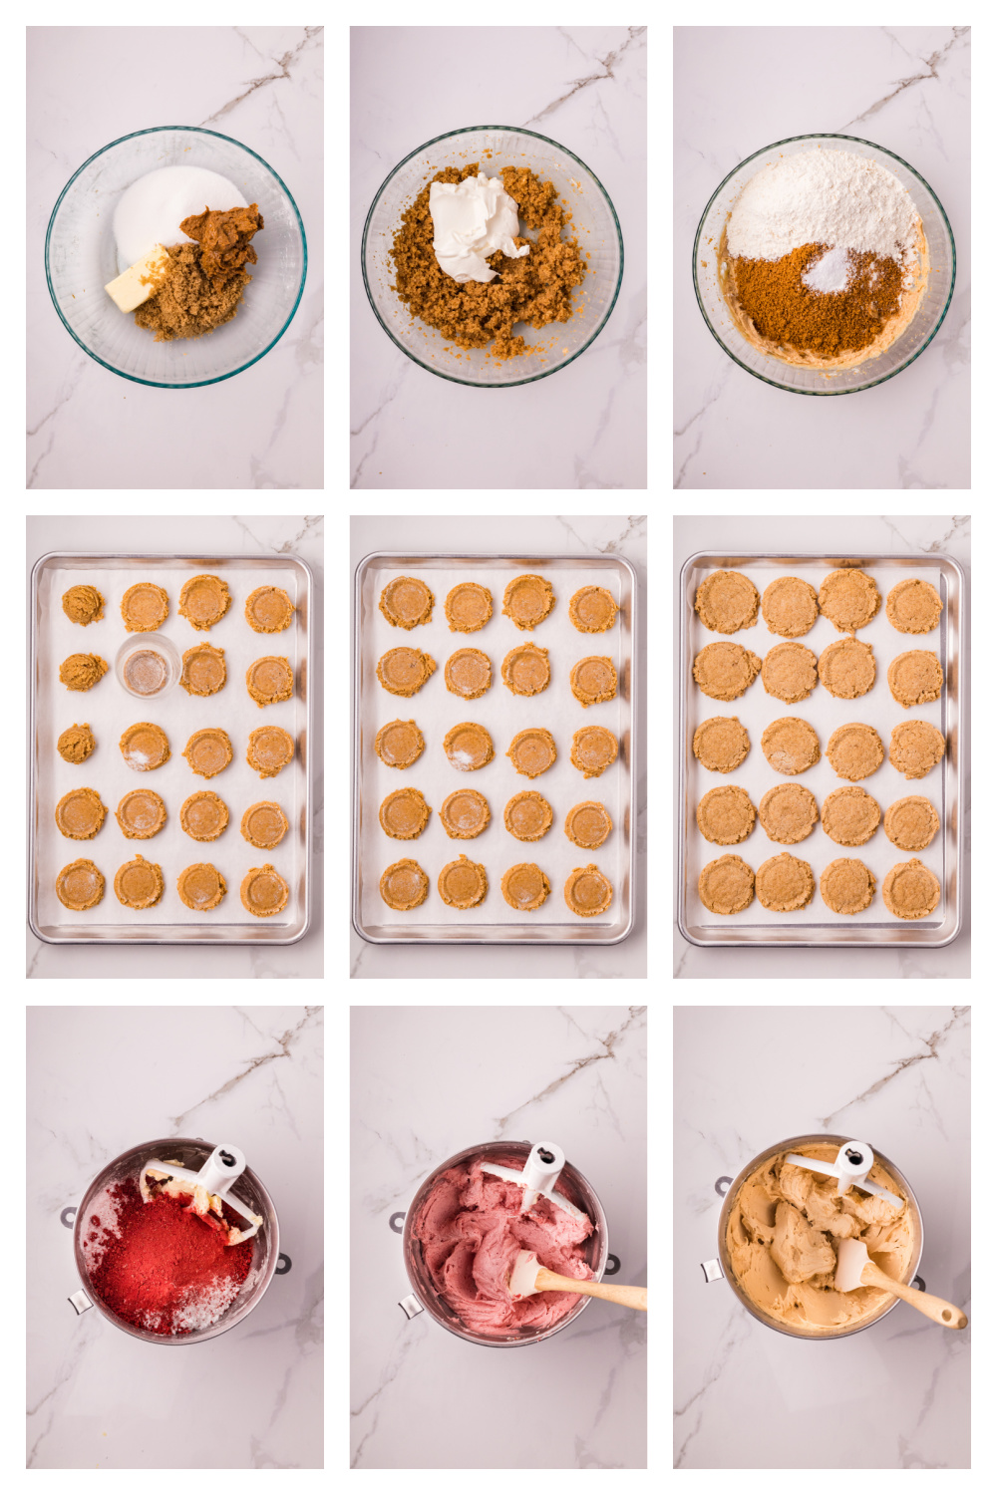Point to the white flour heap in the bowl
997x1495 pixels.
click(823, 204)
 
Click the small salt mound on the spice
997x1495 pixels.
click(829, 271)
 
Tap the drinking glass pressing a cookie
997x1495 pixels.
click(148, 666)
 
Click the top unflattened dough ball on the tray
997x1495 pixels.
click(83, 605)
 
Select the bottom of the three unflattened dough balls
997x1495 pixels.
click(77, 744)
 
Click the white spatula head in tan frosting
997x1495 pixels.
click(851, 1265)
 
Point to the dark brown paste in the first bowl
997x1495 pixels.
click(224, 234)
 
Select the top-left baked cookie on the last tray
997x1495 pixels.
click(726, 601)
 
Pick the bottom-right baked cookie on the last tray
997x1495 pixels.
click(911, 888)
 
